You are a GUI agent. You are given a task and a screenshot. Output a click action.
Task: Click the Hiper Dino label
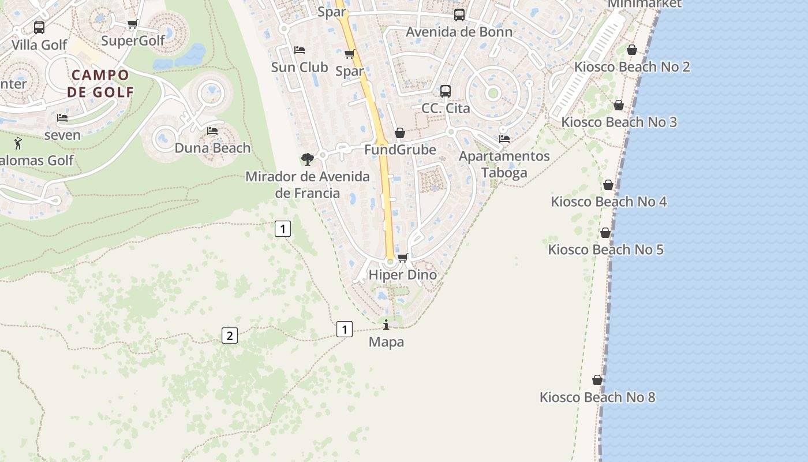[402, 275]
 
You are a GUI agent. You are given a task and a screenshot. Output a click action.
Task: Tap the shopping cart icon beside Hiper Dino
[403, 258]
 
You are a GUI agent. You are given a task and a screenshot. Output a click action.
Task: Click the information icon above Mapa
[386, 325]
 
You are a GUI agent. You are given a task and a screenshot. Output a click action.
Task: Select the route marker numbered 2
[230, 335]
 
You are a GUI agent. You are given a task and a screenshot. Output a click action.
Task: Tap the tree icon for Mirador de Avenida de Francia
[308, 159]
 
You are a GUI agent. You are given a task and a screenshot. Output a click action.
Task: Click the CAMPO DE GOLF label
[100, 83]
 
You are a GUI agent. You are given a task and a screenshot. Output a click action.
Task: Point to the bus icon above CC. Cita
[446, 91]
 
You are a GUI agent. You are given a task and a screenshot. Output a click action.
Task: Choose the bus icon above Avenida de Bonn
[459, 15]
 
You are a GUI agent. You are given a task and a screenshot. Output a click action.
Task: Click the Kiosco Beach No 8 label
[597, 397]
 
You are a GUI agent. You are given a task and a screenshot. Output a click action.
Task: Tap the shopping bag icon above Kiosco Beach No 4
[608, 185]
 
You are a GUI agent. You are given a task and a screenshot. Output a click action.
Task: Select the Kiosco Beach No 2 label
[632, 67]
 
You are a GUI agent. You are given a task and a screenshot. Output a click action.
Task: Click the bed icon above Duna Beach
[212, 131]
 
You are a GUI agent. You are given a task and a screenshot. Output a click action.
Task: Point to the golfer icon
[18, 143]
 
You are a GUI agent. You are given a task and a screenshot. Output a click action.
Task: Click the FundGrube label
[400, 150]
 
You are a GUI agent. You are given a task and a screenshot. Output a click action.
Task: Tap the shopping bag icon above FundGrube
[400, 133]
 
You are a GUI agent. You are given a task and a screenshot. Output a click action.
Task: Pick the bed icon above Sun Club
[300, 50]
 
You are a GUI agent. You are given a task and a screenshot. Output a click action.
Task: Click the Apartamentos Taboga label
[504, 165]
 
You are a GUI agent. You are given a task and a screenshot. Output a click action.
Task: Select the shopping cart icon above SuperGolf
[132, 24]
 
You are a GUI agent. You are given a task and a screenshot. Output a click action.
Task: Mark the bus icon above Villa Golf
[39, 27]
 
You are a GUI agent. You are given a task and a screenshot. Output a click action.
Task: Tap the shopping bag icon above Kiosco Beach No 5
[605, 233]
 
